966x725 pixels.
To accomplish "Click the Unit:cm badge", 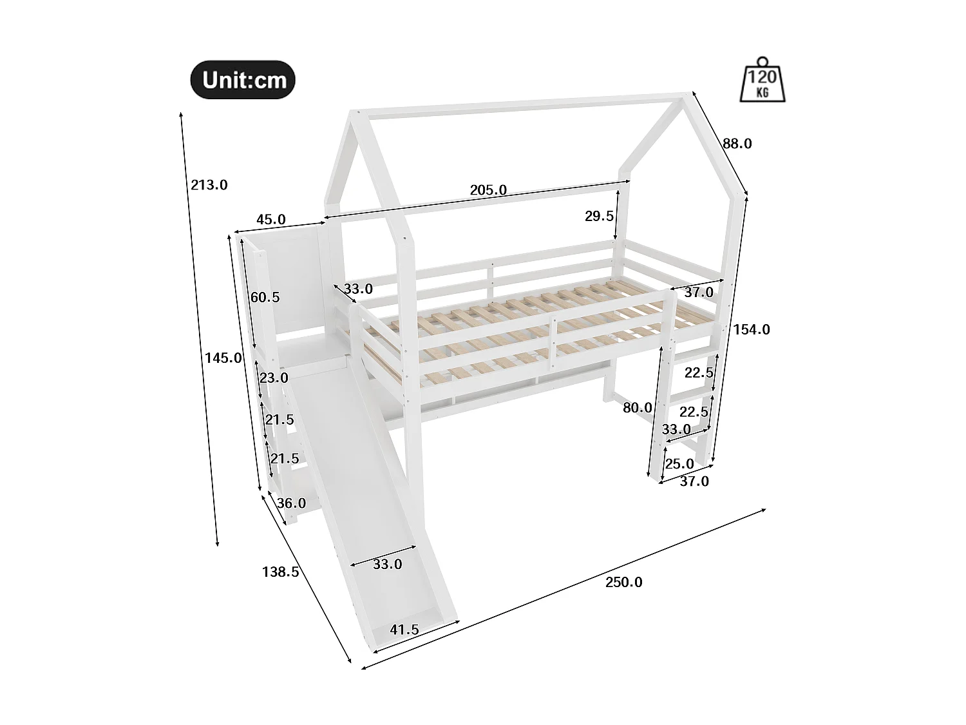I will pos(243,80).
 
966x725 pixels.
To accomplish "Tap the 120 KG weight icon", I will pos(763,81).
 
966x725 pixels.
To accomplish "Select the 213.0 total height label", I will pos(209,185).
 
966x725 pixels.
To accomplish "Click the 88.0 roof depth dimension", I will pos(737,144).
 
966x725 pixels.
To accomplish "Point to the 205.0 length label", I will pos(488,190).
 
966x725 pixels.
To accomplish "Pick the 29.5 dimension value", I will pos(599,216).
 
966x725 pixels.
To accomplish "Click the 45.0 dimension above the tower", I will pos(270,219).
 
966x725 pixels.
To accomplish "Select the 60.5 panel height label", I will pos(265,297).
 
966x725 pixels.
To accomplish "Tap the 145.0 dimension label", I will pos(223,358).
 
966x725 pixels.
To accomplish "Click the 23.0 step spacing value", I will pos(274,378).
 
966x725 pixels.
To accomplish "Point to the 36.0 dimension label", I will pos(291,503).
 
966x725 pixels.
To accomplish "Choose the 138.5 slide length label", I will pos(280,571).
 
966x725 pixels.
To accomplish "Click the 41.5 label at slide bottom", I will pos(404,630).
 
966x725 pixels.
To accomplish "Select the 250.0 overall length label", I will pos(623,583).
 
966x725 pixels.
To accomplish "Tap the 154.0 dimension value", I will pos(752,329).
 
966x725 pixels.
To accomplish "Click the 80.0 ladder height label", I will pos(638,407).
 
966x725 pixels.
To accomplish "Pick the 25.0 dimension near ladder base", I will pos(679,463).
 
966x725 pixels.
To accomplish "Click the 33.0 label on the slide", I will pos(387,565).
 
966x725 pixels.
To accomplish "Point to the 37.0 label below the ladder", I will pos(694,481).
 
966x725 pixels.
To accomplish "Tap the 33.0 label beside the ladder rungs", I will pos(676,429).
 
